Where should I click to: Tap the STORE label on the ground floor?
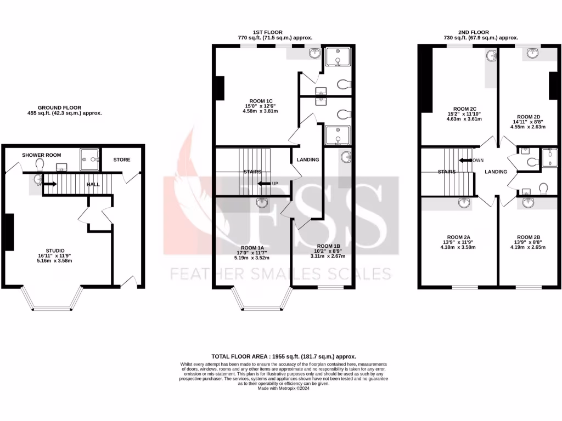pos(122,160)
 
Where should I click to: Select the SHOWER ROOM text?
pos(42,155)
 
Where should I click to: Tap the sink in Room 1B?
pos(346,157)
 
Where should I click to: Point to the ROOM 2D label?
pos(529,117)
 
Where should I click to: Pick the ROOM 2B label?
pos(529,237)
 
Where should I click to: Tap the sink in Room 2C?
pos(490,55)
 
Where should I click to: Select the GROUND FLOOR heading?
pos(59,107)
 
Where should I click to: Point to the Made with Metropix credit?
pos(284,388)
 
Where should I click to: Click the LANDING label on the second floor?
pos(496,172)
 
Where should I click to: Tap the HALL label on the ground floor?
pos(93,185)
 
